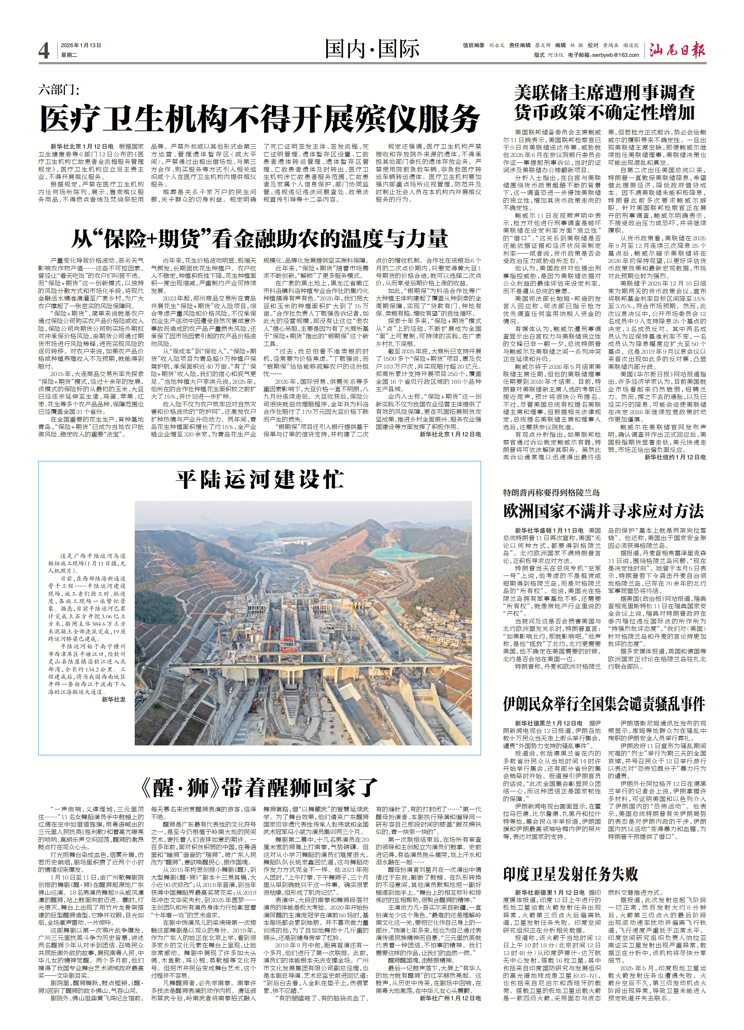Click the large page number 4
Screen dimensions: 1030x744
[x=44, y=51]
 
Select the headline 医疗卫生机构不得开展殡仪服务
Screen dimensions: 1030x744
[x=260, y=119]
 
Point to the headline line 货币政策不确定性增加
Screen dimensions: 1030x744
[x=604, y=112]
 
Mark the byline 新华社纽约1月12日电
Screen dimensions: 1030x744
[x=675, y=457]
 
